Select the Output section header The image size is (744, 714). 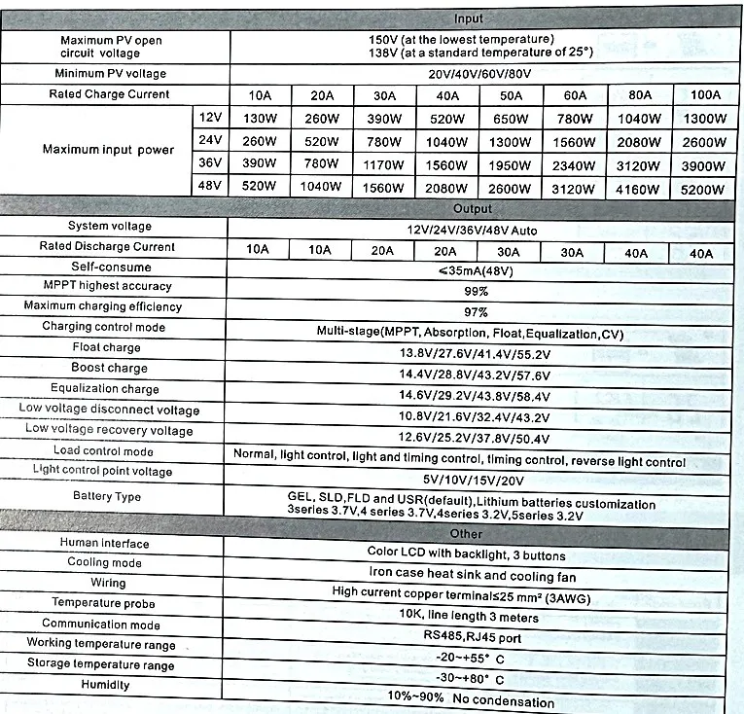click(473, 208)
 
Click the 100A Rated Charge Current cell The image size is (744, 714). click(705, 95)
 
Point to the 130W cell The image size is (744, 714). click(259, 119)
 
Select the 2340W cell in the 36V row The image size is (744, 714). click(575, 165)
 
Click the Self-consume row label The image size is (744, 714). click(111, 267)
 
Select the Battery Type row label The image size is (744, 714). click(107, 496)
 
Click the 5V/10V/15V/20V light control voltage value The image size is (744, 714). click(474, 480)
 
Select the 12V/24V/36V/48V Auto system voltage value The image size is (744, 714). click(474, 230)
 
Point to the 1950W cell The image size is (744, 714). click(511, 165)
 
